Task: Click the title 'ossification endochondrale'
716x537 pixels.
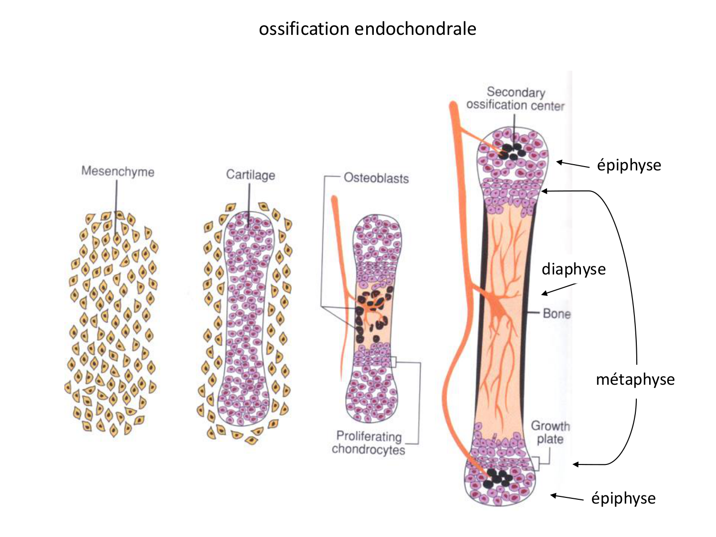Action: [x=368, y=29]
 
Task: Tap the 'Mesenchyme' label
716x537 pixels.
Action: [x=118, y=171]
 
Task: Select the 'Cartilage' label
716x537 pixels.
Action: [x=251, y=175]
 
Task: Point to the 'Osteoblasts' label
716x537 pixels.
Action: [x=376, y=178]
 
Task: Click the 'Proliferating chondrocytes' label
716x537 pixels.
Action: [x=369, y=443]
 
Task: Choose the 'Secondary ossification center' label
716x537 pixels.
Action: [x=516, y=99]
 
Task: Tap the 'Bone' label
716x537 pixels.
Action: [x=557, y=314]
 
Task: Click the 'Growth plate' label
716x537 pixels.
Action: [x=550, y=432]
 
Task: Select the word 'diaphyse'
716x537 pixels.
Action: [x=573, y=269]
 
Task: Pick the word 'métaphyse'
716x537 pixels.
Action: [x=635, y=379]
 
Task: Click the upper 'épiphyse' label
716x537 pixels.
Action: [x=629, y=165]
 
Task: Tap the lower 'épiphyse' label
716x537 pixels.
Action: [x=623, y=498]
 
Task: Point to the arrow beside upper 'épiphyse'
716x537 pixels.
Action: [x=573, y=165]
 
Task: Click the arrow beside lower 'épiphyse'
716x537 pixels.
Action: [x=567, y=497]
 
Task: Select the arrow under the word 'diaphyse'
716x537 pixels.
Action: [x=558, y=289]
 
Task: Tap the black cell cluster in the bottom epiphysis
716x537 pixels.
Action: [x=497, y=478]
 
